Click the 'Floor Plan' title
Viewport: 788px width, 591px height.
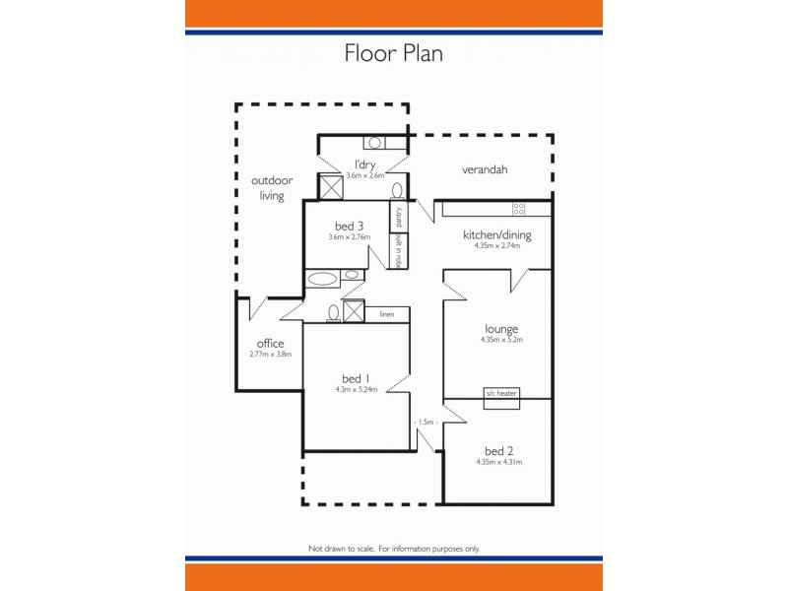point(393,53)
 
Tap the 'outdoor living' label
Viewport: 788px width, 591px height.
point(272,188)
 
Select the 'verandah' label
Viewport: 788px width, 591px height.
point(485,169)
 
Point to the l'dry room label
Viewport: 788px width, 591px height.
point(364,164)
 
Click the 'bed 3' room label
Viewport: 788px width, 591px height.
point(350,226)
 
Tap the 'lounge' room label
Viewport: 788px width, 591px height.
point(501,329)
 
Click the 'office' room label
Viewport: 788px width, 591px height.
point(270,344)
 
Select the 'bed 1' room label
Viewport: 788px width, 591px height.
point(356,378)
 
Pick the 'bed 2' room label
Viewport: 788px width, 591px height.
point(498,450)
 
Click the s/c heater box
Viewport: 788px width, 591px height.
point(500,393)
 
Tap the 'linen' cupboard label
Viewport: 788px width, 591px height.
point(387,315)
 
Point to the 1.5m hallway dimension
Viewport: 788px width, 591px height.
point(426,422)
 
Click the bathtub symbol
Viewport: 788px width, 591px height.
point(323,279)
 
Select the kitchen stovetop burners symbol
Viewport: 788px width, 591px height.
point(518,208)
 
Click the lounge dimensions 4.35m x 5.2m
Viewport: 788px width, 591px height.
point(501,341)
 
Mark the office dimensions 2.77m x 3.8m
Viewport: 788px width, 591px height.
point(270,355)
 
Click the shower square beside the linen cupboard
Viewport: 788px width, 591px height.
point(354,312)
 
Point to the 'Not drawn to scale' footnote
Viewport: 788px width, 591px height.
point(394,548)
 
